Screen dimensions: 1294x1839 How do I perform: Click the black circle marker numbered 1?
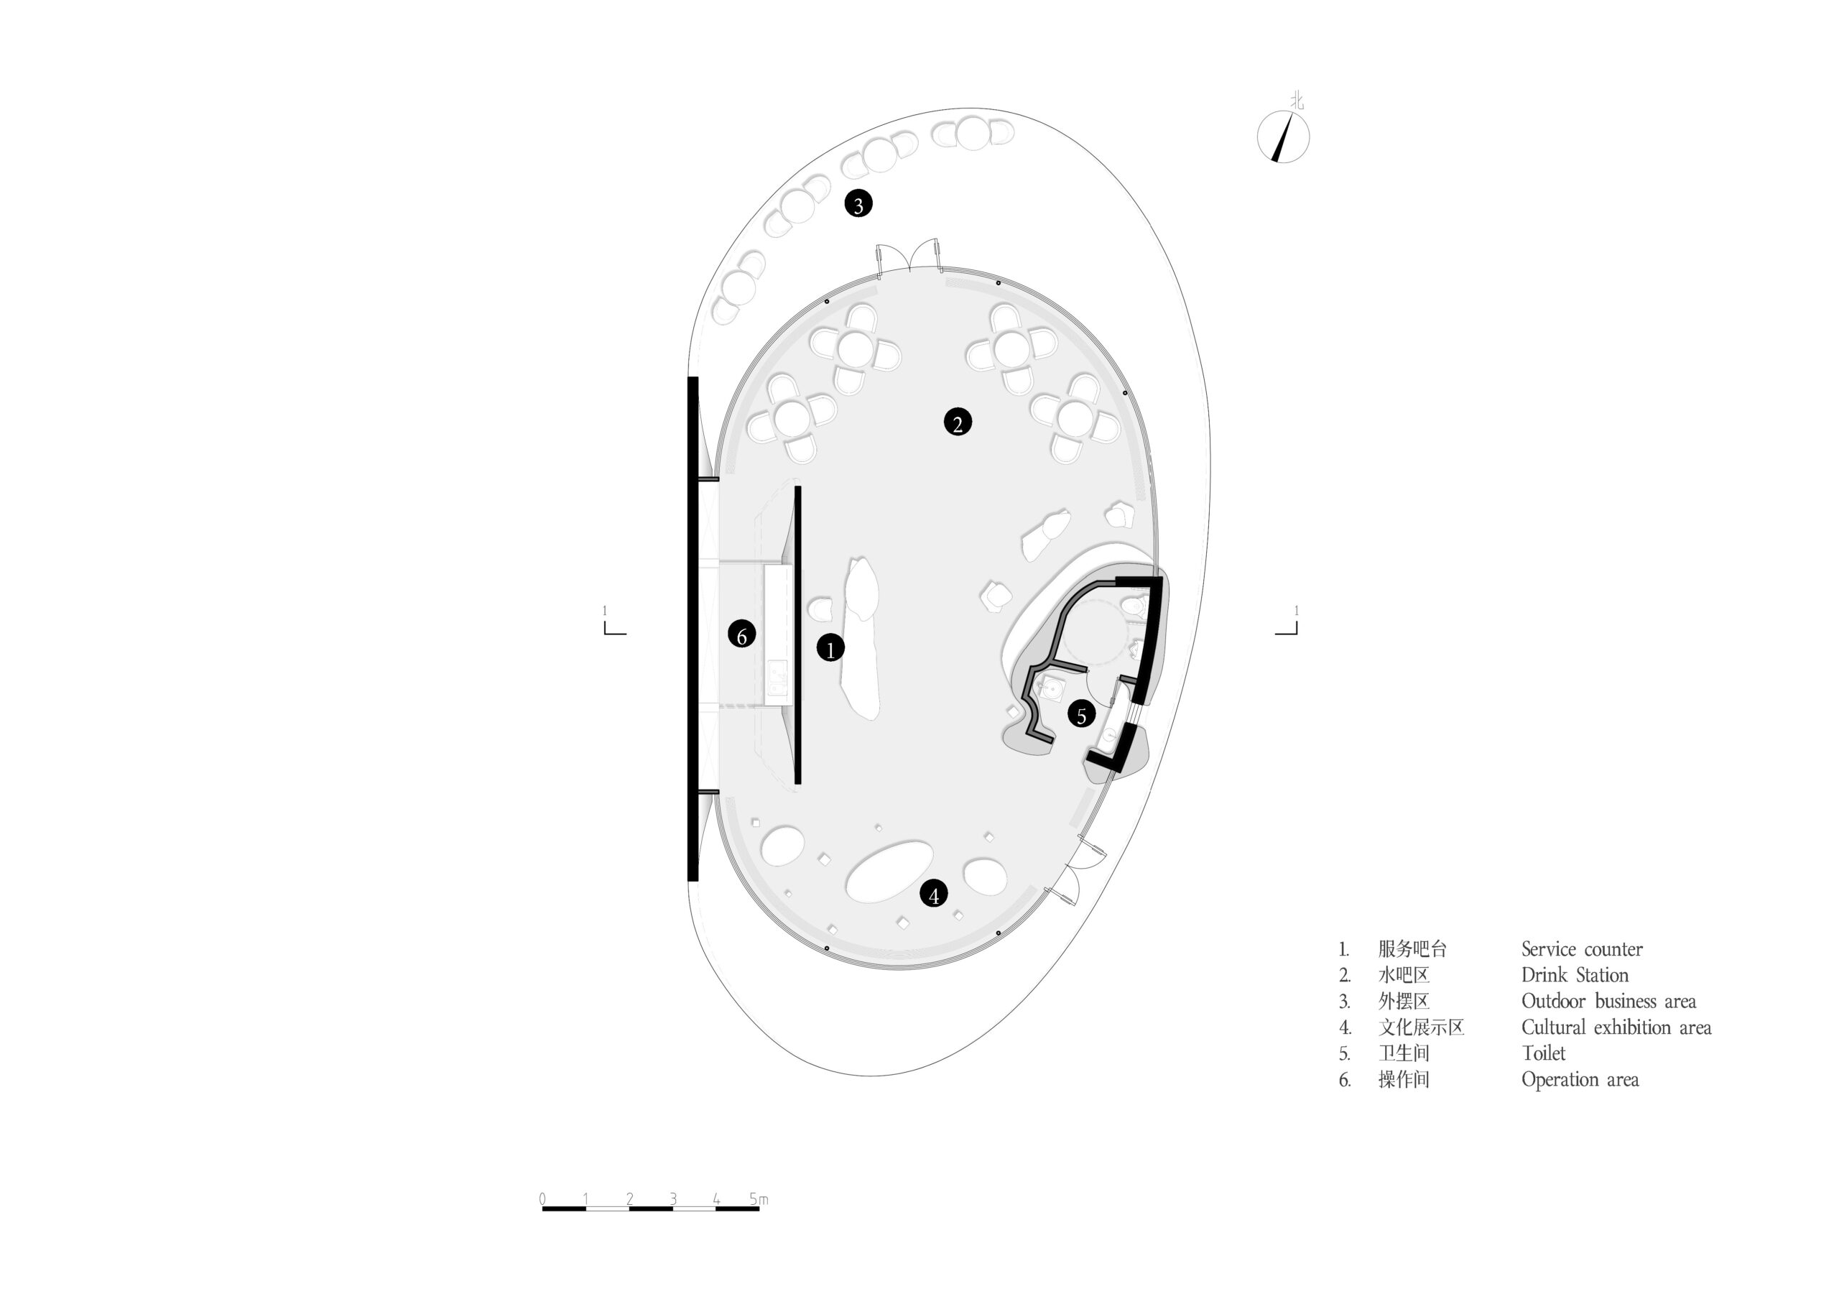(830, 648)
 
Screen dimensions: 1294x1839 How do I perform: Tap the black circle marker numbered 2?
(957, 422)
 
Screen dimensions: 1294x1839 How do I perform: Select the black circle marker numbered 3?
(858, 204)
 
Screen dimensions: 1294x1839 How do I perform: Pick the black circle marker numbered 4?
(933, 895)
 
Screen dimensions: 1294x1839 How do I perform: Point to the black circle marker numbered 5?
(1080, 715)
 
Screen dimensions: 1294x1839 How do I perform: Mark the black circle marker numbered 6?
(741, 635)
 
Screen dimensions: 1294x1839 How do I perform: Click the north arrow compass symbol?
(1282, 137)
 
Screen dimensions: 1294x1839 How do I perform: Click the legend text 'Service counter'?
(1581, 949)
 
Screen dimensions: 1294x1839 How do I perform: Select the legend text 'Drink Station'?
(1575, 975)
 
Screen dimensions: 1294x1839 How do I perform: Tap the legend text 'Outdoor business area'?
(1608, 1002)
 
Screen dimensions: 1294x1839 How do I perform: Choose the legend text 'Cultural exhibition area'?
(1616, 1027)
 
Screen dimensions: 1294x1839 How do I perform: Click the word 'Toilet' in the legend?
(1542, 1053)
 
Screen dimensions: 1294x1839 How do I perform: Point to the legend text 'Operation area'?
(1580, 1079)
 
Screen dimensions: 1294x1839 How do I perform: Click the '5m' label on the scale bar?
(758, 1199)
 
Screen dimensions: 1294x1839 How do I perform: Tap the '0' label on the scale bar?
(543, 1199)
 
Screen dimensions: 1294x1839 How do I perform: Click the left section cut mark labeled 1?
(613, 624)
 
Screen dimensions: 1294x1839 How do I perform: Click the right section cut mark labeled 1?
(1287, 624)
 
